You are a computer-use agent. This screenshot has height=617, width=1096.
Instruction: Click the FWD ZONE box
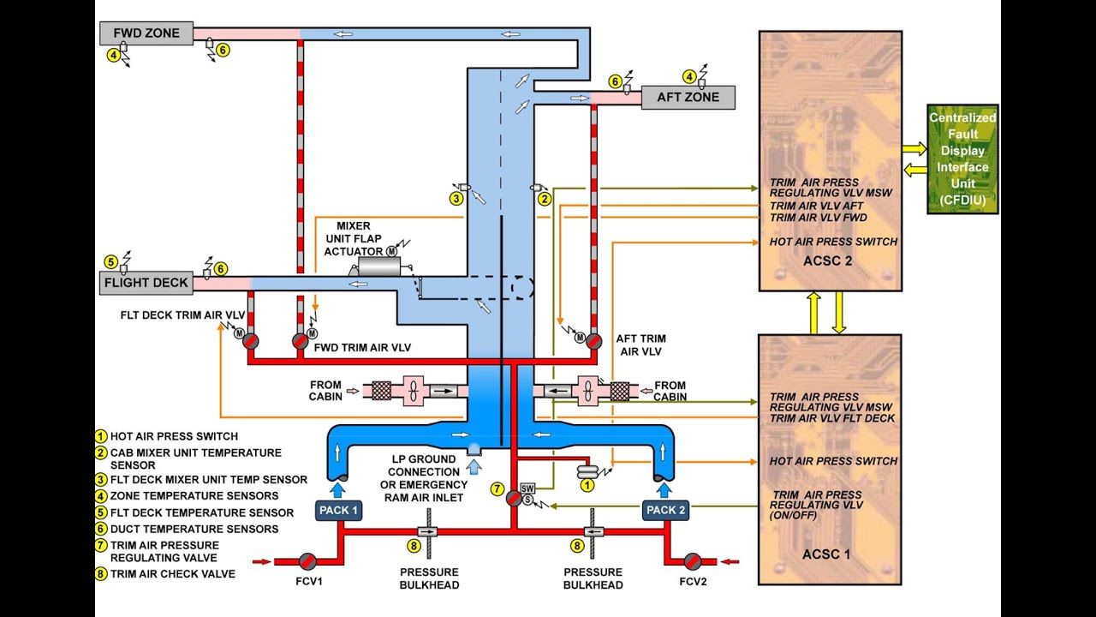pos(146,33)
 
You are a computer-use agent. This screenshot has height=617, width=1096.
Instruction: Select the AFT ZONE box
pos(688,97)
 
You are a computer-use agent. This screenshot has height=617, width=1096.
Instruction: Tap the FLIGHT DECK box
pos(146,282)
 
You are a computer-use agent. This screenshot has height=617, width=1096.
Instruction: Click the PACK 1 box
pos(339,510)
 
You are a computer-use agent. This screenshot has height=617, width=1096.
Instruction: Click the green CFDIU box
pos(963,159)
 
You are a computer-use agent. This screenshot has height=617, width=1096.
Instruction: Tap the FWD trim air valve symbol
pos(300,341)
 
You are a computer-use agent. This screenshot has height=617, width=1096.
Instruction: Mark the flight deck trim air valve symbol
pos(250,341)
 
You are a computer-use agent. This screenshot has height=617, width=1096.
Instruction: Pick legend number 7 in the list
pos(101,546)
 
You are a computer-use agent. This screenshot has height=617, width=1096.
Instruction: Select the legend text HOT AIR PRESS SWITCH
pos(174,436)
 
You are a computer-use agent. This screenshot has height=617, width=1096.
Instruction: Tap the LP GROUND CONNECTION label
pos(424,472)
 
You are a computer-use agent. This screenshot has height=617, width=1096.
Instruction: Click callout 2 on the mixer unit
pos(543,199)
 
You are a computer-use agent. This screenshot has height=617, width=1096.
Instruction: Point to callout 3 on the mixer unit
pos(457,199)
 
